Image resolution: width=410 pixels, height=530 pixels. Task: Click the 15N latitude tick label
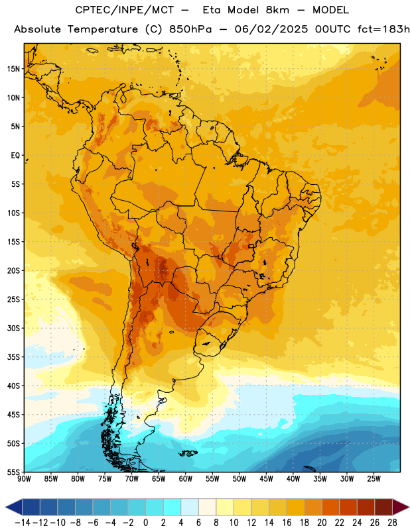[x=13, y=69]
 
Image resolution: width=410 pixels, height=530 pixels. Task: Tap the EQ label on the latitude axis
[x=15, y=156]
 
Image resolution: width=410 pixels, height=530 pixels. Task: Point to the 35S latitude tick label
[x=13, y=357]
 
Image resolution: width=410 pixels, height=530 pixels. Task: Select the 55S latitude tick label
[x=13, y=472]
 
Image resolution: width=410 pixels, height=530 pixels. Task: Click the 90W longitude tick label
[x=24, y=479]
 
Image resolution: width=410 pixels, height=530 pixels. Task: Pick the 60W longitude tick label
[x=185, y=479]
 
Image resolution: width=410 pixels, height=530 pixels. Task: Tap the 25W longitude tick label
[x=374, y=479]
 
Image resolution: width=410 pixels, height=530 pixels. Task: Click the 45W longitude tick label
[x=266, y=479]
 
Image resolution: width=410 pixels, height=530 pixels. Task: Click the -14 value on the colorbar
[x=23, y=523]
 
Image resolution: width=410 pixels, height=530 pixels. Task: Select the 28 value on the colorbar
[x=392, y=523]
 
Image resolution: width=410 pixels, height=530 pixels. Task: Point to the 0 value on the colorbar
[x=145, y=523]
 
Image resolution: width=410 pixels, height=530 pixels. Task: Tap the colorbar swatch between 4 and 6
[x=190, y=507]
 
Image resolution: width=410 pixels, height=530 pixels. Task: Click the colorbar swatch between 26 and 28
[x=383, y=507]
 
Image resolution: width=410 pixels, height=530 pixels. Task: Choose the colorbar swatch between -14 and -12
[x=31, y=507]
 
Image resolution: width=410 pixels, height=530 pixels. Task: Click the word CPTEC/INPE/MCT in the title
[x=124, y=10]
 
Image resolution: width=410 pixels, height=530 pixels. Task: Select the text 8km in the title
[x=277, y=10]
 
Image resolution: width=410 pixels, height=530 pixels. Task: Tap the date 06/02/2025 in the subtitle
[x=271, y=29]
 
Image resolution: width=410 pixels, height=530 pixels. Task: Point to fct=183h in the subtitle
[x=383, y=29]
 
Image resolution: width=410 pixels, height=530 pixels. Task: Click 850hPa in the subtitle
[x=190, y=29]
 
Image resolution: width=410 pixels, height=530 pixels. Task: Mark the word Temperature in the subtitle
[x=103, y=30]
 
